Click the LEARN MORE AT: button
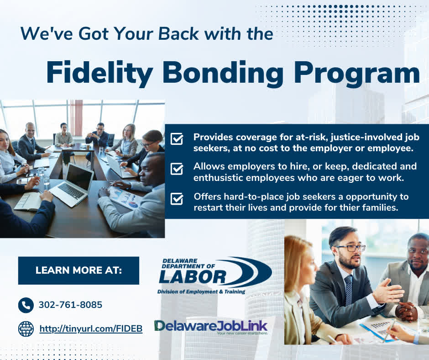(x=78, y=270)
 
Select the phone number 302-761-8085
(x=71, y=305)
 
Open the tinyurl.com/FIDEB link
(x=91, y=328)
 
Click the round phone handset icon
(x=26, y=305)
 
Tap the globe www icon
(x=26, y=329)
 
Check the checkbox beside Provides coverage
(x=177, y=138)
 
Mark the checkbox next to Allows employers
(x=177, y=169)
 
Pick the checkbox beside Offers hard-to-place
(x=177, y=198)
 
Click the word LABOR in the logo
(x=193, y=277)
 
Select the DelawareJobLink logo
(x=211, y=327)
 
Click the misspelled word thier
(x=350, y=207)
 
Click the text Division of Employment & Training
(x=201, y=292)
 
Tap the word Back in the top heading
(x=178, y=34)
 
